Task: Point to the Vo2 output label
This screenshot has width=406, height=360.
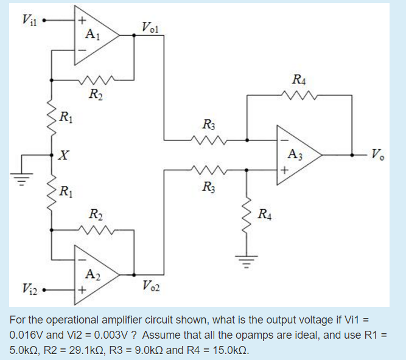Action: click(150, 285)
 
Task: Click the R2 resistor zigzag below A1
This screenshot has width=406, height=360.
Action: click(96, 79)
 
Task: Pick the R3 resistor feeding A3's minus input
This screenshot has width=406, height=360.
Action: click(210, 140)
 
